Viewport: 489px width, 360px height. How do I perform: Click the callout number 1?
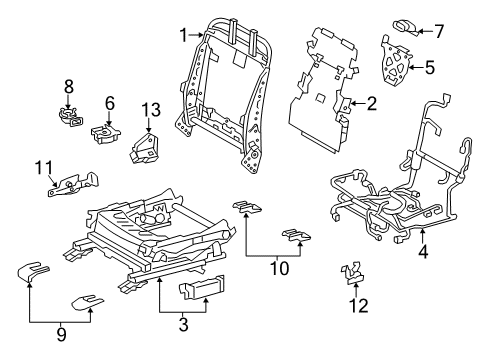pyautogui.click(x=183, y=35)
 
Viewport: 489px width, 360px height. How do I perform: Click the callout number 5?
pyautogui.click(x=430, y=68)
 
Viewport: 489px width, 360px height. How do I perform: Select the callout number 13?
pyautogui.click(x=149, y=109)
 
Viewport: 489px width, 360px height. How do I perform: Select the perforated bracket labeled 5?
pyautogui.click(x=401, y=63)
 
